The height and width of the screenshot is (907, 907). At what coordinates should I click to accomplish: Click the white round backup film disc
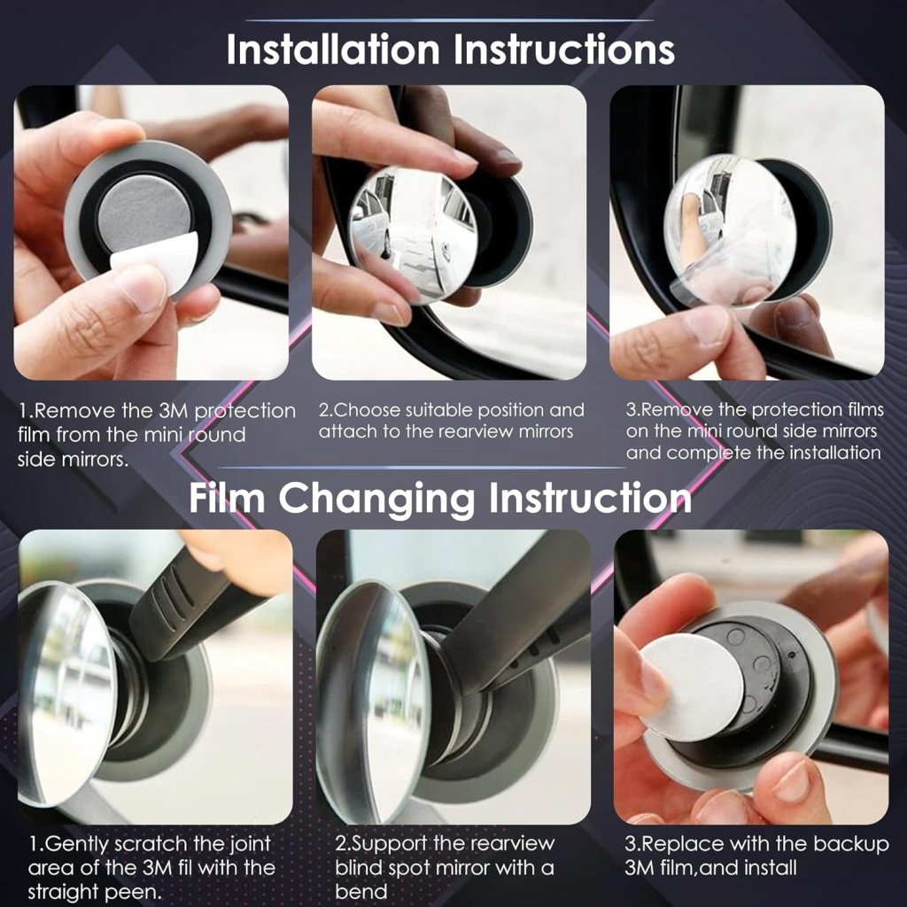[692, 686]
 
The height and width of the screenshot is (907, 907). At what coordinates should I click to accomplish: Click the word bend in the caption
[360, 890]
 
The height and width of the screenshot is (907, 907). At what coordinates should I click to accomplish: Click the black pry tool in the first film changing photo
[190, 602]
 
